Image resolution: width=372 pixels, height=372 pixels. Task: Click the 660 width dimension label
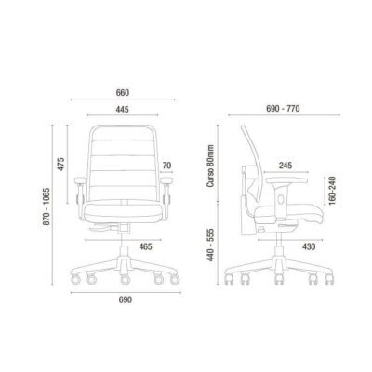point(123,93)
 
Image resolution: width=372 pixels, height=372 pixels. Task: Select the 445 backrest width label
point(122,110)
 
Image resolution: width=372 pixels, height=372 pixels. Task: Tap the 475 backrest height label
point(60,164)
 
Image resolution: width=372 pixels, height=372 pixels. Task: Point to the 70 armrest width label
point(166,166)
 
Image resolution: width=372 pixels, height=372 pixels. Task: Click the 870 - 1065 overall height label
point(46,206)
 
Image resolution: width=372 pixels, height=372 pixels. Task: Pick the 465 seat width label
point(145,246)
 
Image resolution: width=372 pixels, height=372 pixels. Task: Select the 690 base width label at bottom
point(126,299)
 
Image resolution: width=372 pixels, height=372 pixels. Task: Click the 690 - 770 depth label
point(283,109)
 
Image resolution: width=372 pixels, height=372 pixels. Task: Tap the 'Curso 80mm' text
point(211,166)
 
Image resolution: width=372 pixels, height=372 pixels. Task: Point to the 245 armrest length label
point(286,166)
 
